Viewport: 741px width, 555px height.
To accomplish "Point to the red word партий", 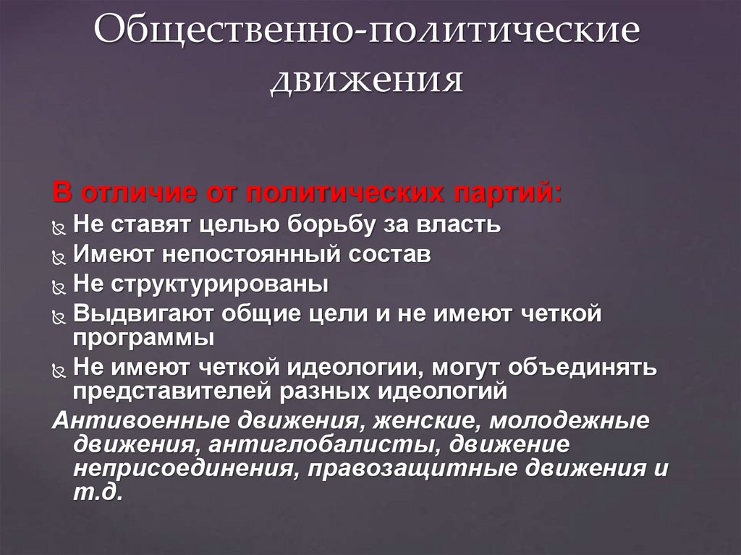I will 506,195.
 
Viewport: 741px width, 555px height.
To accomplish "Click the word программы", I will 143,338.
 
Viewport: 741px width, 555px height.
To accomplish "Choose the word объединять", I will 583,367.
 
